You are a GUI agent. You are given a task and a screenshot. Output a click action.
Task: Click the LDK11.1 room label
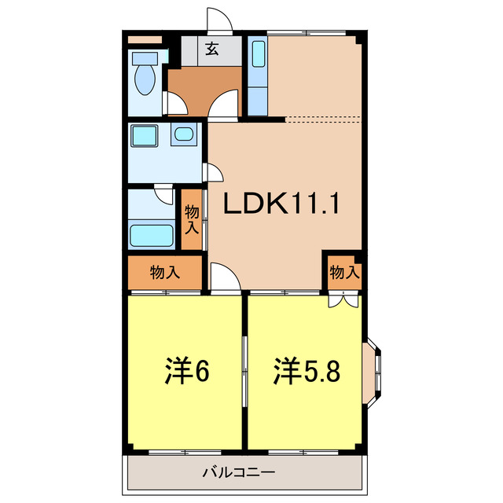(281, 204)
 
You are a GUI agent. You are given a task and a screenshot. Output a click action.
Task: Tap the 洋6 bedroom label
(186, 372)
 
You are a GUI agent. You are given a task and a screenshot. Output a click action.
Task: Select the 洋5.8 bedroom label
(307, 372)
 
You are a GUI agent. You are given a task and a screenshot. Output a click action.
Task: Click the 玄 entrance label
(211, 50)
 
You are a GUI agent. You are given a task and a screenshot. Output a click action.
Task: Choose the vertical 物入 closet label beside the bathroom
(192, 219)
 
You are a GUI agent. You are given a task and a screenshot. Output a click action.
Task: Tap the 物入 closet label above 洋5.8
(345, 273)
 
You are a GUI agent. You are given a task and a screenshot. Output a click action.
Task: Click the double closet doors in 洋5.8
(343, 298)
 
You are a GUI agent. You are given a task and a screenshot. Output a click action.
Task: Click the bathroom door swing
(165, 193)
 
